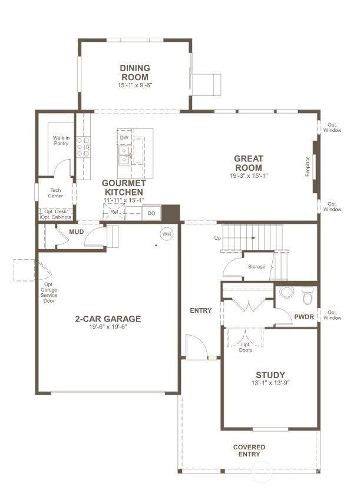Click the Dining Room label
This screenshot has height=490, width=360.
click(x=135, y=72)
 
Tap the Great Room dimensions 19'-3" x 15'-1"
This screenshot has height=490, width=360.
click(x=249, y=176)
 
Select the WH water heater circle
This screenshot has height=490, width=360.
click(x=167, y=234)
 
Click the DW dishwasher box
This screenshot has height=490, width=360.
click(x=124, y=137)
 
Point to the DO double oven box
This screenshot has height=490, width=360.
click(x=151, y=213)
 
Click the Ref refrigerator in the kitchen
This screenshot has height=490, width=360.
click(x=114, y=212)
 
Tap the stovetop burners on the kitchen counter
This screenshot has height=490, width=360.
click(x=83, y=147)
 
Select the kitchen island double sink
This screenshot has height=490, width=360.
click(x=124, y=155)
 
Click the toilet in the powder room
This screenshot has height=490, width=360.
click(x=308, y=295)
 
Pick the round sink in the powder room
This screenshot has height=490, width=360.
click(x=287, y=292)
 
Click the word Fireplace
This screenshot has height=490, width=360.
click(x=308, y=167)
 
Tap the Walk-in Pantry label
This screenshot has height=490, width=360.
click(x=61, y=141)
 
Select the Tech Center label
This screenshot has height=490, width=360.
click(x=55, y=193)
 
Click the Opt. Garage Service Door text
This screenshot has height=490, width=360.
click(x=49, y=293)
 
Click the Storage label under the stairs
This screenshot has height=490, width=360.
click(x=256, y=267)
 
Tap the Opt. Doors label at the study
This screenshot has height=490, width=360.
click(x=246, y=347)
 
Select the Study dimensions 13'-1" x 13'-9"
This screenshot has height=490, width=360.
click(x=270, y=383)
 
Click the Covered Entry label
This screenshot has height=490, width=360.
click(x=249, y=451)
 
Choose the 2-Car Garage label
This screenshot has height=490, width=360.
click(x=108, y=319)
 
